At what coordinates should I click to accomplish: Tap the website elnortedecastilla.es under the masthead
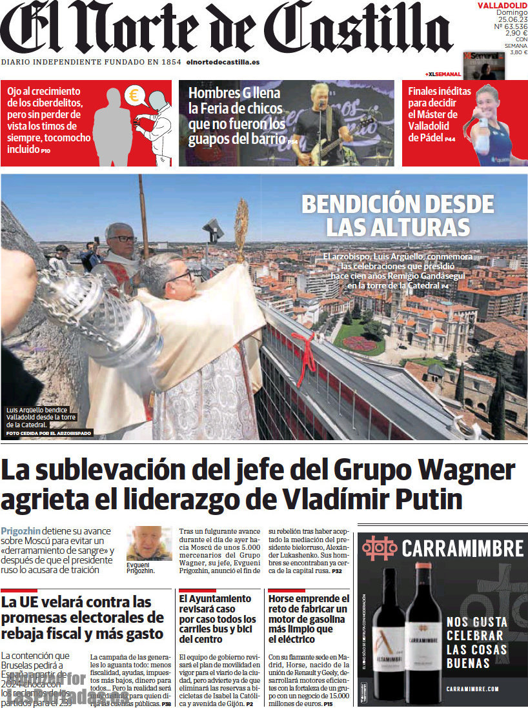[x=223, y=62]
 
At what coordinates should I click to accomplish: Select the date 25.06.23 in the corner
[x=512, y=19]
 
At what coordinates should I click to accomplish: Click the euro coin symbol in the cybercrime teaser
[x=135, y=96]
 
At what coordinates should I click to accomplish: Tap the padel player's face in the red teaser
[x=489, y=103]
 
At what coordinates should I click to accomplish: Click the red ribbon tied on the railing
[x=304, y=355]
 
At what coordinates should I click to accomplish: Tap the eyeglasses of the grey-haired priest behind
[x=123, y=239]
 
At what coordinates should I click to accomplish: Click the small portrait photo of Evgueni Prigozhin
[x=149, y=543]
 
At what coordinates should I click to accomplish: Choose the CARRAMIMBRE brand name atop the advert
[x=462, y=549]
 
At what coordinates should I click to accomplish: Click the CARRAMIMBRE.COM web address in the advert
[x=472, y=689]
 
